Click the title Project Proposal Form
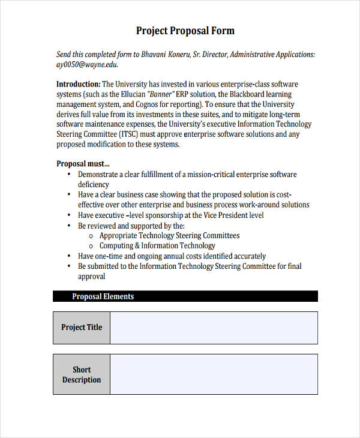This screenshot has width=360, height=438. point(185,31)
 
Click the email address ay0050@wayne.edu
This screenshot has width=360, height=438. point(87,65)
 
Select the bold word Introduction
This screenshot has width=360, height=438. point(78,84)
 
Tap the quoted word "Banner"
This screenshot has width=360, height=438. point(159,94)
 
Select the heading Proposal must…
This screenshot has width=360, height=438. point(83,163)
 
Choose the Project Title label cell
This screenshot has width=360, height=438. point(82,328)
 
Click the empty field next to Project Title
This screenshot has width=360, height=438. point(214,328)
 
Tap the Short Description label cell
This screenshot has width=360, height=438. point(82,374)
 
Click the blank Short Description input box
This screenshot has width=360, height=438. point(214,374)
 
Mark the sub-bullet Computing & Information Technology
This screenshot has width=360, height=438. point(157,245)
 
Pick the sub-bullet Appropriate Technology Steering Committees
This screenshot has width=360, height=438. point(169,236)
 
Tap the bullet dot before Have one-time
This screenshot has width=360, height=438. point(70,256)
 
